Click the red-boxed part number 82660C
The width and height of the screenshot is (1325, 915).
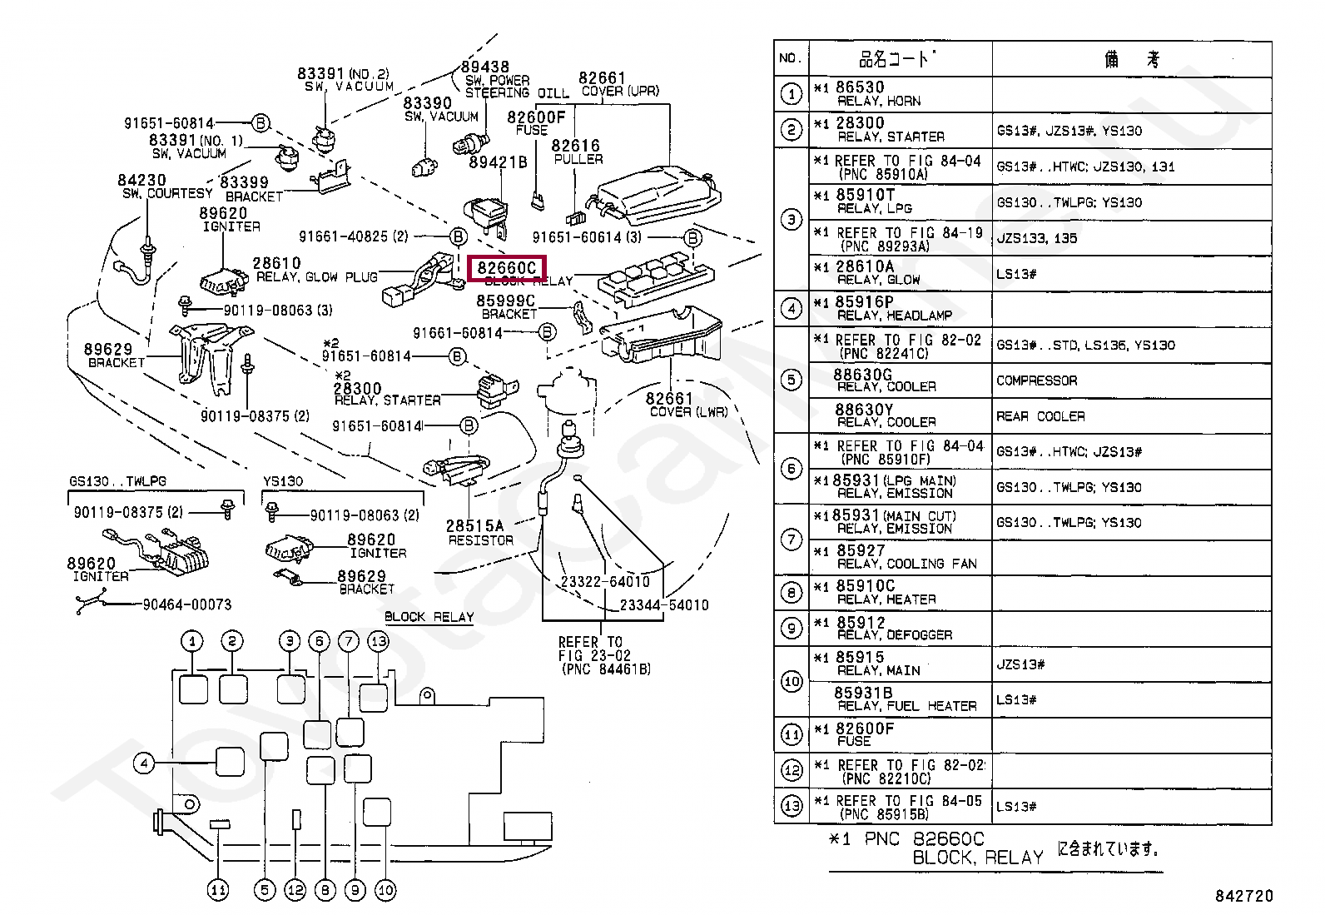506,268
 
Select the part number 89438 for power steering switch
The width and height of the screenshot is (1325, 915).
485,67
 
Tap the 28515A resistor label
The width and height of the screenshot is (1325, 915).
474,526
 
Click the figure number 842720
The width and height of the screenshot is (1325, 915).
1243,896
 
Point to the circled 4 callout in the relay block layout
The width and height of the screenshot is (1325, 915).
144,763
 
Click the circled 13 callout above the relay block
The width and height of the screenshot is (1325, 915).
379,641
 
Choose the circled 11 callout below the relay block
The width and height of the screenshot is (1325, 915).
217,890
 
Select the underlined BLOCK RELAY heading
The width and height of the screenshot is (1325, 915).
429,617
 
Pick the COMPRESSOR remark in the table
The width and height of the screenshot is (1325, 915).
1036,380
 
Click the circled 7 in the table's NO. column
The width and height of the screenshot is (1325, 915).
792,540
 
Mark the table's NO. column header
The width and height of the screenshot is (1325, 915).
791,58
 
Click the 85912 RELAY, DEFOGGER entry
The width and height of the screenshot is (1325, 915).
894,629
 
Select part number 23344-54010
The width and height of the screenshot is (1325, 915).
664,605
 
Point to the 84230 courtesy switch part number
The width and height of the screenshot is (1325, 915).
141,181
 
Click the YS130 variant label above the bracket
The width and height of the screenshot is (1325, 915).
283,481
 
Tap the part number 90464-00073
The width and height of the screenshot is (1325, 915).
187,604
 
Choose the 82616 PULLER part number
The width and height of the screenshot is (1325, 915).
575,146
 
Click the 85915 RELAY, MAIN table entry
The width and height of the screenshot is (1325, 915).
879,664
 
